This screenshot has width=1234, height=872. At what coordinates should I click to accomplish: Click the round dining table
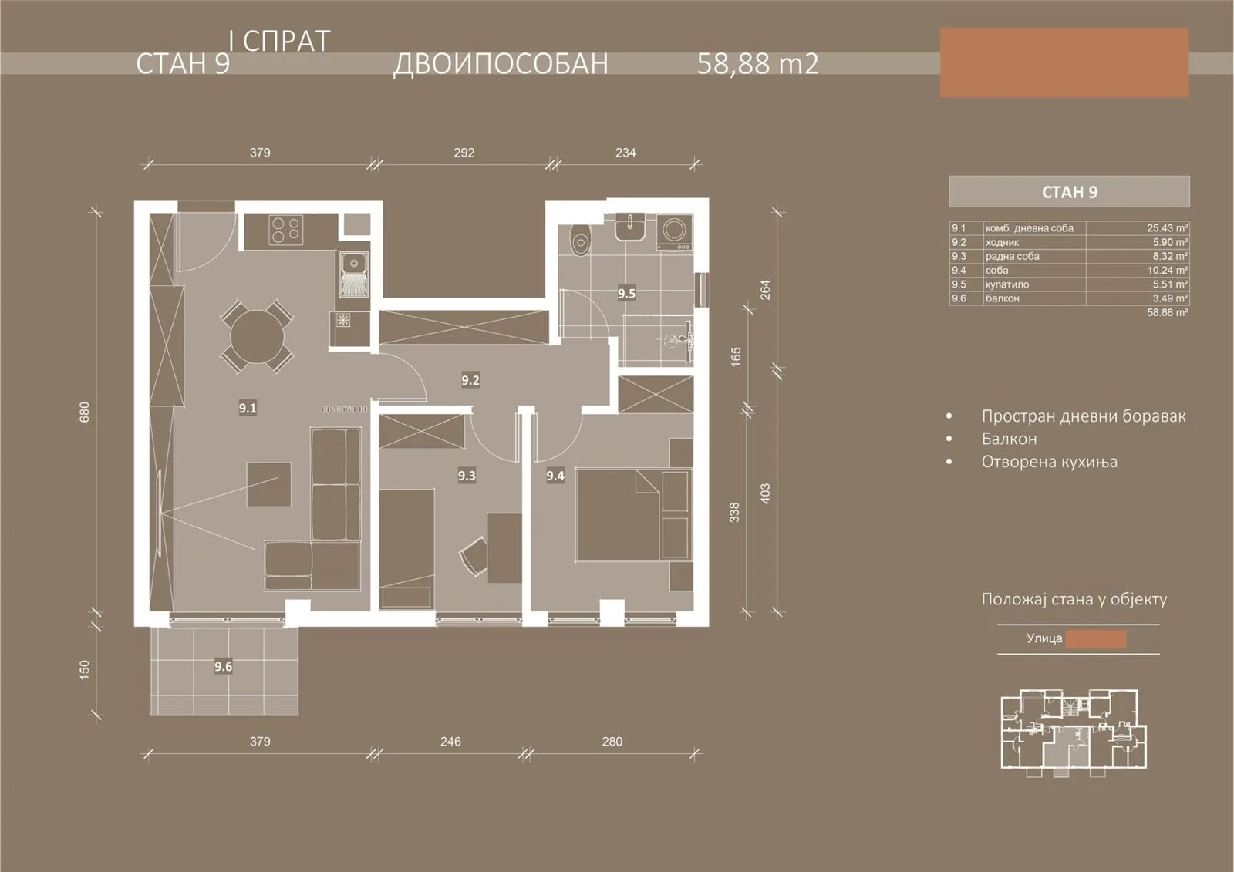(x=258, y=336)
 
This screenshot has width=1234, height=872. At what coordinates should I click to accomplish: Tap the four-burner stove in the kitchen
(x=286, y=230)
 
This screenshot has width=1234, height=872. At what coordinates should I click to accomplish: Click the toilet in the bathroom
(x=580, y=241)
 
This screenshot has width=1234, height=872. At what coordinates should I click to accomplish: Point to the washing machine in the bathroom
(x=675, y=232)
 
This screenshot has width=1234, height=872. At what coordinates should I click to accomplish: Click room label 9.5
(x=626, y=294)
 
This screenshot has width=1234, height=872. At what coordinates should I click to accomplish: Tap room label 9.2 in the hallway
(x=470, y=380)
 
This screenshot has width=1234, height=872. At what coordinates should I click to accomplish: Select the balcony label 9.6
(x=223, y=667)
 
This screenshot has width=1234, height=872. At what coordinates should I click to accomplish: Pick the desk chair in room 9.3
(x=474, y=557)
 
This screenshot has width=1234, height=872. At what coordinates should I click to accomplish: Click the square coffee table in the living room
(x=269, y=484)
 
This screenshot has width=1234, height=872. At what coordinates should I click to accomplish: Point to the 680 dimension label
(x=84, y=412)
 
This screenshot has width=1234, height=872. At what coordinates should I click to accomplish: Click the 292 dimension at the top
(x=464, y=153)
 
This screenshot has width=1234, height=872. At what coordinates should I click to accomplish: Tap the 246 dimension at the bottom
(x=450, y=742)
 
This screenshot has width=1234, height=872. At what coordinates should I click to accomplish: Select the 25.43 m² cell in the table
(x=1168, y=228)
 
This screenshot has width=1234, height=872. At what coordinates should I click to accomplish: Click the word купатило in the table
(x=1006, y=284)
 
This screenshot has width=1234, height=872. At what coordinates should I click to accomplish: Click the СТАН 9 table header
(x=1069, y=192)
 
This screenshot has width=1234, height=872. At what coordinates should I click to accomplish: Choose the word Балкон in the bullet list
(x=1010, y=439)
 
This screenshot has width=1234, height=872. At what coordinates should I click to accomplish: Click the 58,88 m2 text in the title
(x=758, y=63)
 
